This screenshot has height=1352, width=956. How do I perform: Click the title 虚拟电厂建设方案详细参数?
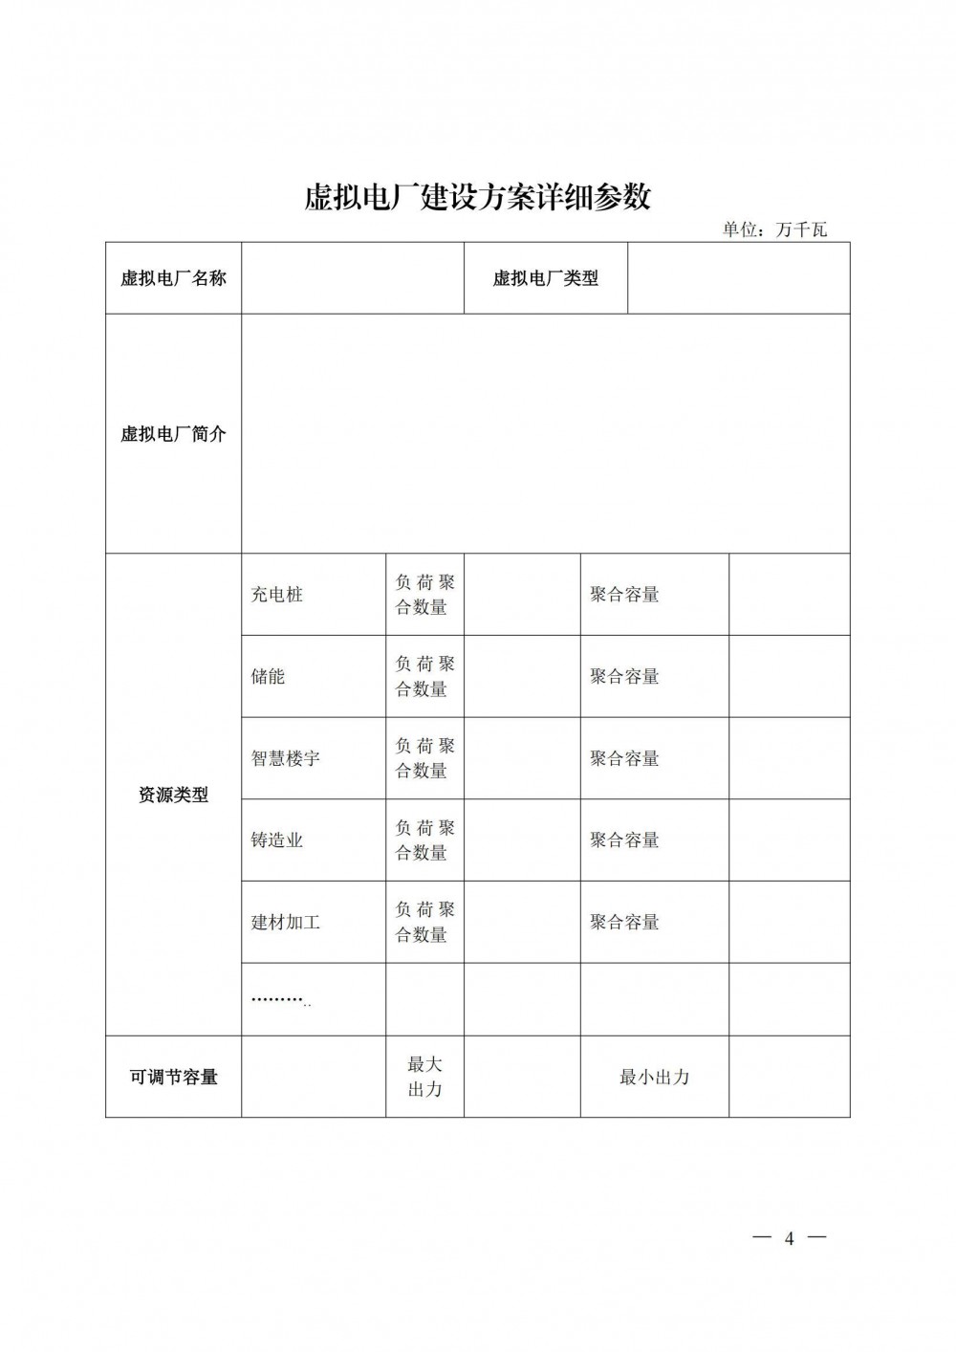(x=477, y=197)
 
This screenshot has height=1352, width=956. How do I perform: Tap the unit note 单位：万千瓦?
(x=774, y=229)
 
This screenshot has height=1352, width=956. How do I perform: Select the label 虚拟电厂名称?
(x=173, y=278)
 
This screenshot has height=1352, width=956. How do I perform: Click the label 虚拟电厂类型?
(x=545, y=278)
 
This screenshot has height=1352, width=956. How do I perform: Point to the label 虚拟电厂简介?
(x=173, y=433)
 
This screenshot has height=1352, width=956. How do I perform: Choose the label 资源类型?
(x=173, y=795)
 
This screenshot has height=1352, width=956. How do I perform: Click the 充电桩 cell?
(x=277, y=595)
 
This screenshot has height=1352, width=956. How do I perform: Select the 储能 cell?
(x=269, y=677)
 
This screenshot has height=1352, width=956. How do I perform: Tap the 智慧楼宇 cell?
(x=286, y=758)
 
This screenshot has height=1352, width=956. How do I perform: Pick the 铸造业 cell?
(x=277, y=840)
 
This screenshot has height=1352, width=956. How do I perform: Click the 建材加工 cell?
(x=286, y=923)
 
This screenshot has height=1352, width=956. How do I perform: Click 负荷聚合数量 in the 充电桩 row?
(x=424, y=595)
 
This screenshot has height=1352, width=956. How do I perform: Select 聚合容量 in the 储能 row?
(x=624, y=677)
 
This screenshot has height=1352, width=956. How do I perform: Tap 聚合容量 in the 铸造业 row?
(x=624, y=840)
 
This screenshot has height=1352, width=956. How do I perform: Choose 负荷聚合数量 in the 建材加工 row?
(x=424, y=923)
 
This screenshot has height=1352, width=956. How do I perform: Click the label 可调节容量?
(x=173, y=1077)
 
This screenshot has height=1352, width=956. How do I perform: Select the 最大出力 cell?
(x=424, y=1077)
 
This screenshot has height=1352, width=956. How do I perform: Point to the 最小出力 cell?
(x=654, y=1077)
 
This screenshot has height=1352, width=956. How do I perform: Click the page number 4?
(x=789, y=1239)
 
